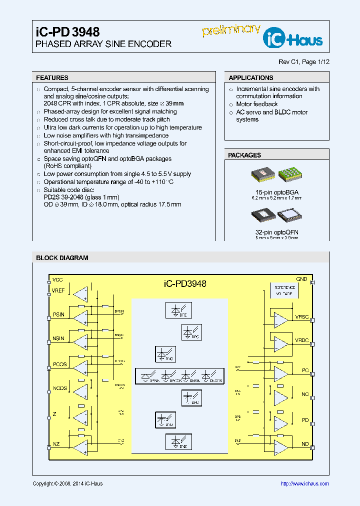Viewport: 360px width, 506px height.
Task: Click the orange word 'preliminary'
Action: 231,30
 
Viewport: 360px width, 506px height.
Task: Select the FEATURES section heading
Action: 52,78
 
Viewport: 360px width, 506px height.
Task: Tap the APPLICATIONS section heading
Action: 251,78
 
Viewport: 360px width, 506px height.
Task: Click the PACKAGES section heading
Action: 244,155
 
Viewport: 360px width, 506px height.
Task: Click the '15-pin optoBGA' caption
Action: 277,192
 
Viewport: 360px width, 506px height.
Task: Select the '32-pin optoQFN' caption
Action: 277,232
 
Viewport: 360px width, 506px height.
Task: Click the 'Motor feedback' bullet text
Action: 257,104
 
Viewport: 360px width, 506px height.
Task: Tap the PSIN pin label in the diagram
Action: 58,314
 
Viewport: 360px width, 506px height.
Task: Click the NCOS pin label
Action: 59,388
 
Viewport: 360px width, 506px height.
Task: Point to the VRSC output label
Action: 302,317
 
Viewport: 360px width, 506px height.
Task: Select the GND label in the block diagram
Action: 301,279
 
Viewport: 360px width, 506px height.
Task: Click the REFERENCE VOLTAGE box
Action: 283,291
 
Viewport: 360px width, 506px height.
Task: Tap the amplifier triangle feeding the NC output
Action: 280,397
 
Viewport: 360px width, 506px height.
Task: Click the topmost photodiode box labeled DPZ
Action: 178,310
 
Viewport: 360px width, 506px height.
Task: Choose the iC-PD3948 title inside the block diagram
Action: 185,283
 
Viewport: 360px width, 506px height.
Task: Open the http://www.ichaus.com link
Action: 304,483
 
